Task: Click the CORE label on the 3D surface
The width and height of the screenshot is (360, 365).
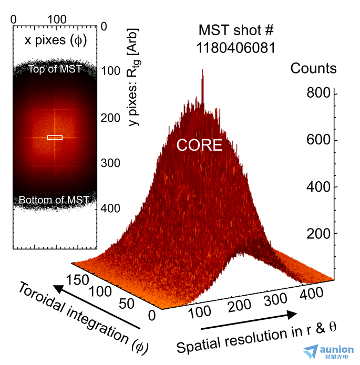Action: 200,145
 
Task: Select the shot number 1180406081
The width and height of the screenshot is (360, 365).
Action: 236,48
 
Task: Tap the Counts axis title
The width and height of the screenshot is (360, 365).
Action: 314,68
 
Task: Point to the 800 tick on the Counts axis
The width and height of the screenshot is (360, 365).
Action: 318,93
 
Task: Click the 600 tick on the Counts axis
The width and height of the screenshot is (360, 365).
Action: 318,140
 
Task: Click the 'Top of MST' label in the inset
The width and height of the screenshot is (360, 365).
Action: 55,69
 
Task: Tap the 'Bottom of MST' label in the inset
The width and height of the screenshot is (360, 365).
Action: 54,200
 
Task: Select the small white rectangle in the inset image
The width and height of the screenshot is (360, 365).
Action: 55,138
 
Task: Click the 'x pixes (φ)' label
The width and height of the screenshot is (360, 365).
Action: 55,40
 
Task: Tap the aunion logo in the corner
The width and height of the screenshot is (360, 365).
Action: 330,352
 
